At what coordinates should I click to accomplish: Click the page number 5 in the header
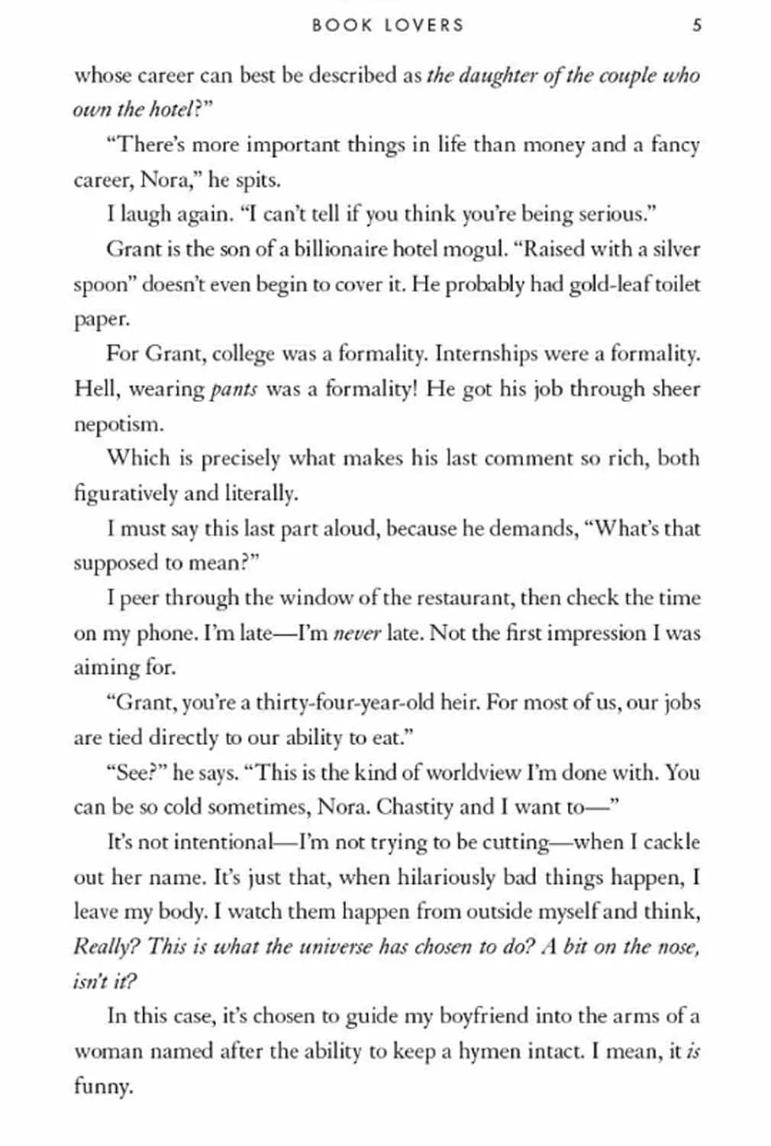[696, 24]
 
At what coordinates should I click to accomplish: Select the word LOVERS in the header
[424, 24]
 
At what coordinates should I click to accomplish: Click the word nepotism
[118, 424]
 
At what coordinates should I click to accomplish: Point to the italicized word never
[356, 633]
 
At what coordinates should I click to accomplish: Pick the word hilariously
[446, 877]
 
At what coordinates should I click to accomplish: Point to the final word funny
[103, 1086]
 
